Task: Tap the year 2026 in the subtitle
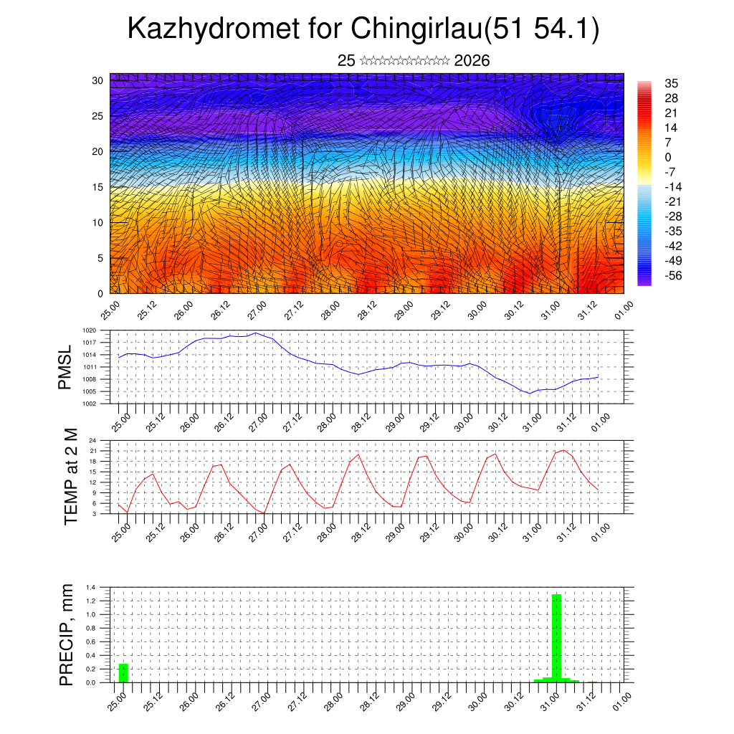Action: click(x=472, y=61)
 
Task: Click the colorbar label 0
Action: click(x=668, y=158)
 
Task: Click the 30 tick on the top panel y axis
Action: click(x=98, y=80)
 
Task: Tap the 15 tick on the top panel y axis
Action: click(x=98, y=187)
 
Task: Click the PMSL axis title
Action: click(x=66, y=368)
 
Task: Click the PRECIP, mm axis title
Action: click(x=67, y=634)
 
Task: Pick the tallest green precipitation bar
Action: click(x=556, y=638)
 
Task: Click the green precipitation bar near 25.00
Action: click(x=123, y=673)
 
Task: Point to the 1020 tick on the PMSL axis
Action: click(x=88, y=330)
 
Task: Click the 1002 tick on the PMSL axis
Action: click(x=88, y=404)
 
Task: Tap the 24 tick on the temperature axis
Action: click(x=92, y=440)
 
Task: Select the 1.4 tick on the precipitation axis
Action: click(x=91, y=588)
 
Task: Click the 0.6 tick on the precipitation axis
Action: click(x=91, y=642)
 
